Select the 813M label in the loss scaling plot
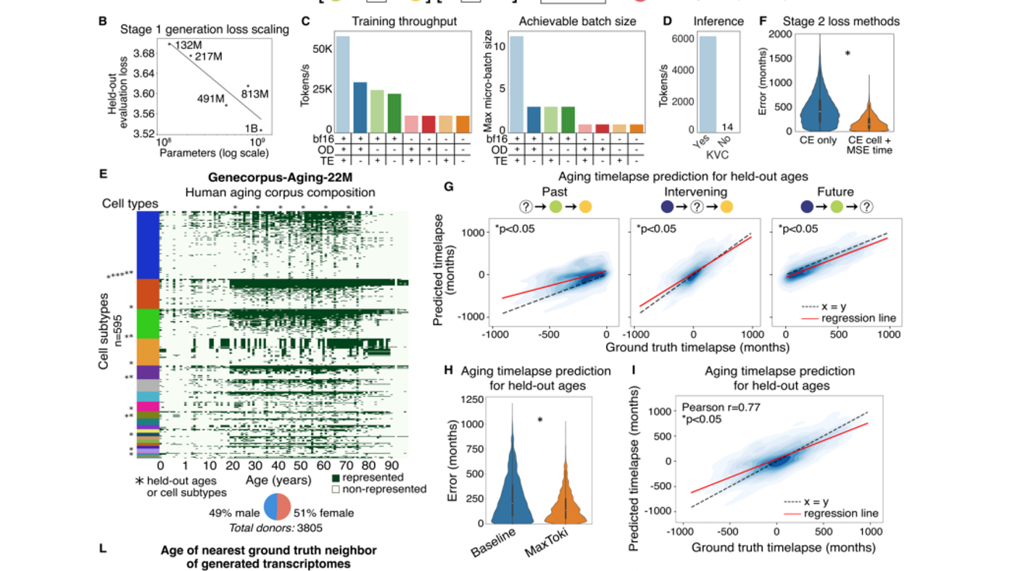[x=255, y=93]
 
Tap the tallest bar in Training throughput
[x=342, y=83]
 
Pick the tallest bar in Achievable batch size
[x=516, y=83]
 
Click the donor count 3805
[x=310, y=528]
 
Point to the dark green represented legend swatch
[x=336, y=478]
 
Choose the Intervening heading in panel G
[x=695, y=193]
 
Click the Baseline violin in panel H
[x=511, y=478]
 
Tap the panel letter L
[x=103, y=549]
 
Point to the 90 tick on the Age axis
[x=392, y=465]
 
